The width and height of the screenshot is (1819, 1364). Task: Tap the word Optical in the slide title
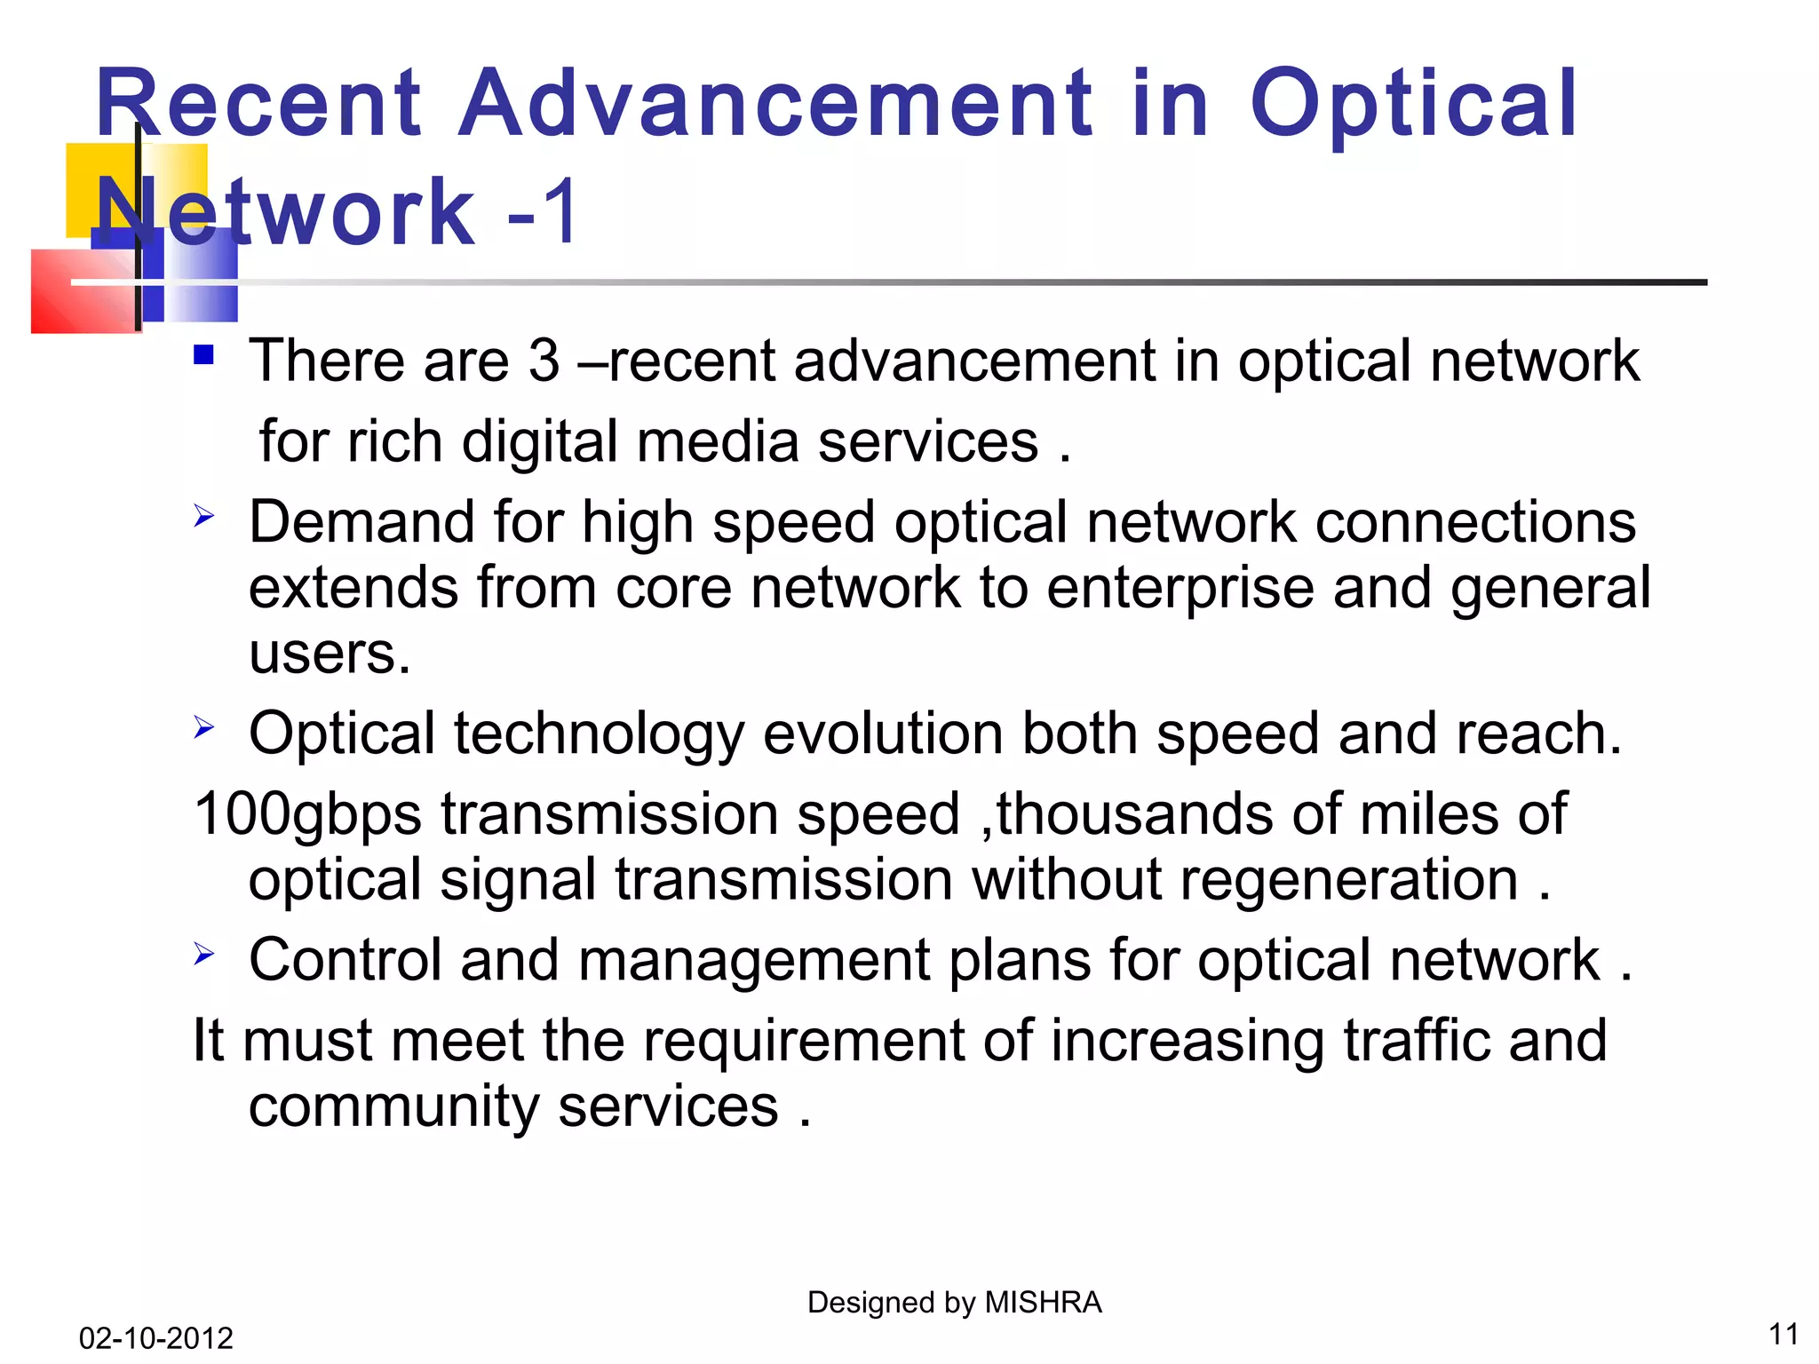point(1412,107)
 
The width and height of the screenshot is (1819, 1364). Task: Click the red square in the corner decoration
point(80,293)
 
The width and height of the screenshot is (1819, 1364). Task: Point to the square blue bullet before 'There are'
point(204,355)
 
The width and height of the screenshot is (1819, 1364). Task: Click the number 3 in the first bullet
point(544,361)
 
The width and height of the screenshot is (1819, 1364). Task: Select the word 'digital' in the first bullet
point(539,442)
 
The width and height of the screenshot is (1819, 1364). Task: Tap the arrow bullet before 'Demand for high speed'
point(204,515)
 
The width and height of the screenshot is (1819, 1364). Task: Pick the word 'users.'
point(330,654)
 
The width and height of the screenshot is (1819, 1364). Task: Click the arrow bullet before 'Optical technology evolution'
point(204,728)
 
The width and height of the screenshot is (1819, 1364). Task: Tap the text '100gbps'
point(307,815)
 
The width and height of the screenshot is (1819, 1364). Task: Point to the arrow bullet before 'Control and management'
point(204,955)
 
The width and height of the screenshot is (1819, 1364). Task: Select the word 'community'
point(393,1107)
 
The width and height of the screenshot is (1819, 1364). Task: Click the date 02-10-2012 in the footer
point(155,1337)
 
